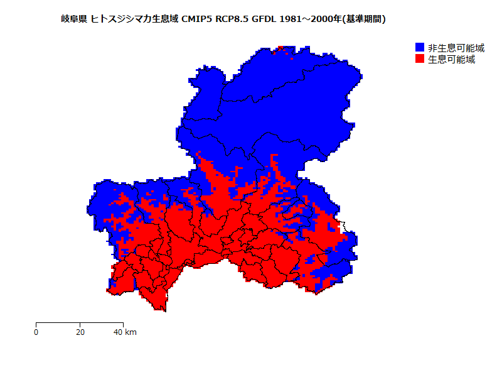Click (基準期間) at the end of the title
363,19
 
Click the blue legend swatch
420,48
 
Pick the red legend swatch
420,59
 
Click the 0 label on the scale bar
36,332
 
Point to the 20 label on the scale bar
80,332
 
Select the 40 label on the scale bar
118,332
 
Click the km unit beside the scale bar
131,332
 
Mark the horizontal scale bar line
79,323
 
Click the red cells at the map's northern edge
286,49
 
